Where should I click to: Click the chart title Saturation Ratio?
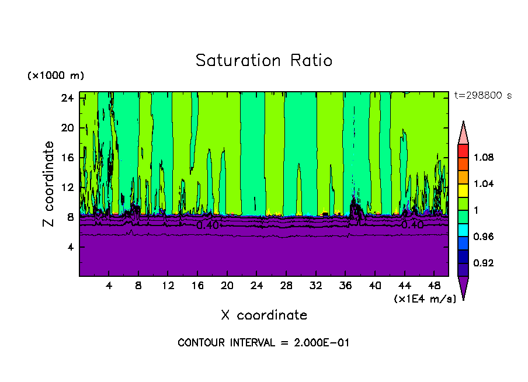(x=264, y=60)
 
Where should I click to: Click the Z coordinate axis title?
(x=50, y=184)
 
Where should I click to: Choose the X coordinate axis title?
(x=264, y=315)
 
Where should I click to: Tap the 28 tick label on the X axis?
(x=286, y=286)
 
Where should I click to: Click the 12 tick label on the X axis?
(x=168, y=286)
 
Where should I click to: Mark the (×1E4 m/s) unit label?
(x=425, y=299)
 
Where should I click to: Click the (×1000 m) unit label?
(x=55, y=76)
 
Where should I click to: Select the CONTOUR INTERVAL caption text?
(x=263, y=343)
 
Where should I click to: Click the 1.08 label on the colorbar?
(x=483, y=158)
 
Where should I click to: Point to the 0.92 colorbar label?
(x=483, y=263)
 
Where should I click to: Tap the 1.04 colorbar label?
(x=483, y=184)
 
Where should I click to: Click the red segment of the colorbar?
(x=463, y=151)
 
